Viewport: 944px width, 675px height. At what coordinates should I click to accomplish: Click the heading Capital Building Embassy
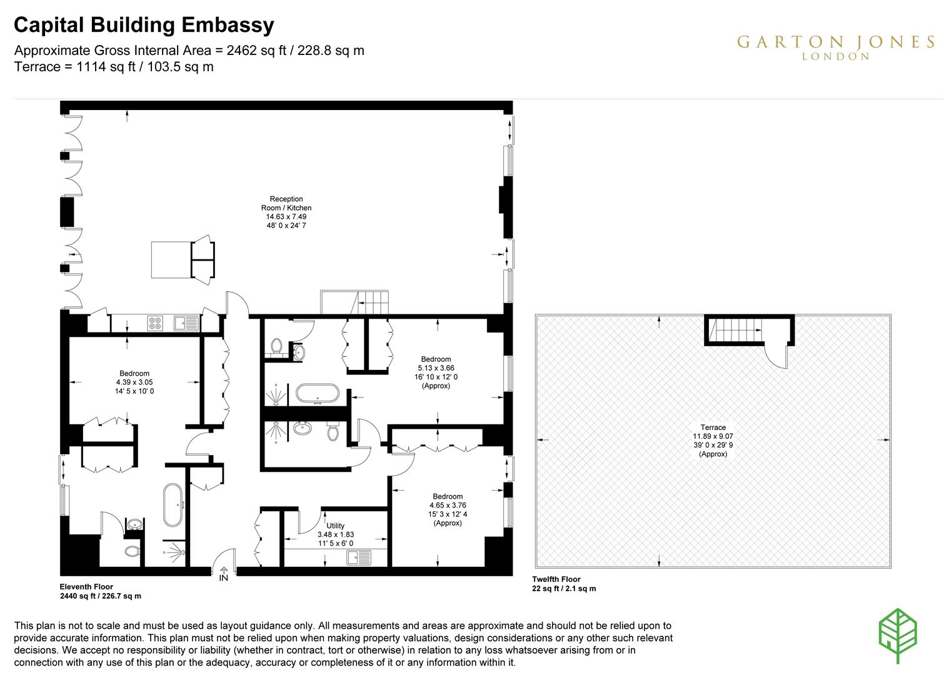(144, 25)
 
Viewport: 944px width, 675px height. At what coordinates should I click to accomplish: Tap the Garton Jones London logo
(835, 47)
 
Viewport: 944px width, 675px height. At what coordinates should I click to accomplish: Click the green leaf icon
(898, 636)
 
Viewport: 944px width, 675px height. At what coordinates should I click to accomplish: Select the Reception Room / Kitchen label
(286, 212)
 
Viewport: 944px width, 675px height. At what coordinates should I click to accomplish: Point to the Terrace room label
(713, 441)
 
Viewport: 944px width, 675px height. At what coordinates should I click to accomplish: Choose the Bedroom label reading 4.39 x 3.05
(134, 382)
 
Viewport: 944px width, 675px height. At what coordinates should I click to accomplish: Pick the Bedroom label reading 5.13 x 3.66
(436, 372)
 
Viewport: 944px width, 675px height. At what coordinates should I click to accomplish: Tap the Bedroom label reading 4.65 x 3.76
(448, 509)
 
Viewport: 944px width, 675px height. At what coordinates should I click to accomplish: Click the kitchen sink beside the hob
(187, 324)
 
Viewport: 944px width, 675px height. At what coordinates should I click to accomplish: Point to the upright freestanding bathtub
(172, 505)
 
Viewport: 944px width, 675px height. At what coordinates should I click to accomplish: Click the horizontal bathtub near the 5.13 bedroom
(318, 394)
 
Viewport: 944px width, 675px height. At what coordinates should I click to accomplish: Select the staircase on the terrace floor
(737, 330)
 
